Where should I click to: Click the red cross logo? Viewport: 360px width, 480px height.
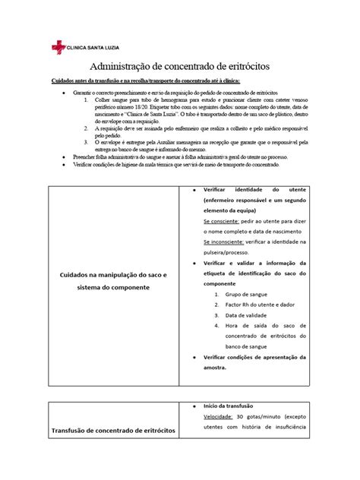tap(58, 47)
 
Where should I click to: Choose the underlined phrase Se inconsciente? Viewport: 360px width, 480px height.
tap(223, 240)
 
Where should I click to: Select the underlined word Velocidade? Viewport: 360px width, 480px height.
tap(218, 416)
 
